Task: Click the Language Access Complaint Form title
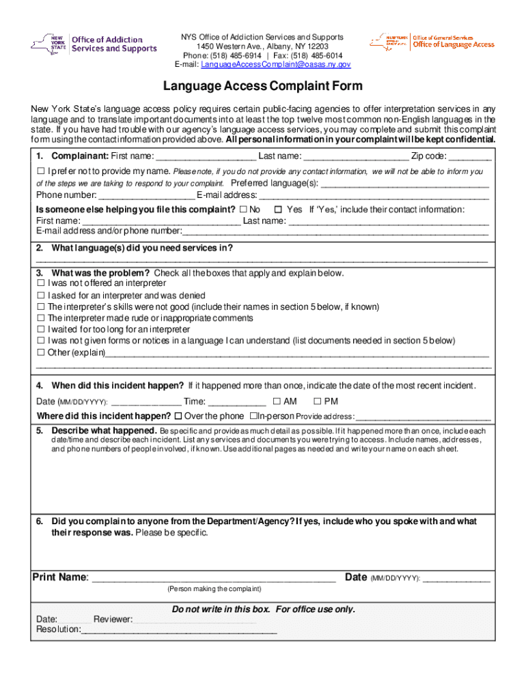pyautogui.click(x=262, y=87)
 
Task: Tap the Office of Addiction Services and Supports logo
pyautogui.click(x=94, y=45)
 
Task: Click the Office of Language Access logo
pyautogui.click(x=432, y=42)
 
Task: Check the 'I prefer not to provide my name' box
pyautogui.click(x=41, y=171)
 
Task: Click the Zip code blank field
pyautogui.click(x=469, y=156)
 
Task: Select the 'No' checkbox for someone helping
pyautogui.click(x=243, y=210)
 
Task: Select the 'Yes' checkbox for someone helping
pyautogui.click(x=278, y=210)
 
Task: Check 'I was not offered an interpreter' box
pyautogui.click(x=41, y=283)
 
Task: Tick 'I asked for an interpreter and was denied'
pyautogui.click(x=41, y=296)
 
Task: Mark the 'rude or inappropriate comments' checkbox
pyautogui.click(x=41, y=319)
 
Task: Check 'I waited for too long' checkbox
pyautogui.click(x=41, y=330)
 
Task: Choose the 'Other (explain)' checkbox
pyautogui.click(x=41, y=353)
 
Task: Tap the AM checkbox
pyautogui.click(x=277, y=401)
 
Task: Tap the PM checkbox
pyautogui.click(x=318, y=401)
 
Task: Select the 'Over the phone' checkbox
pyautogui.click(x=178, y=416)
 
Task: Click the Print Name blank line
pyautogui.click(x=213, y=578)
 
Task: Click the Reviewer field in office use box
pyautogui.click(x=195, y=619)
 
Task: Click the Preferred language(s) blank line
pyautogui.click(x=404, y=184)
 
